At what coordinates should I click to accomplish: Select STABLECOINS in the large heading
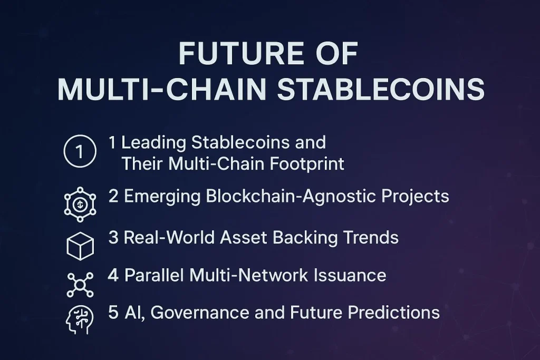[381, 90]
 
